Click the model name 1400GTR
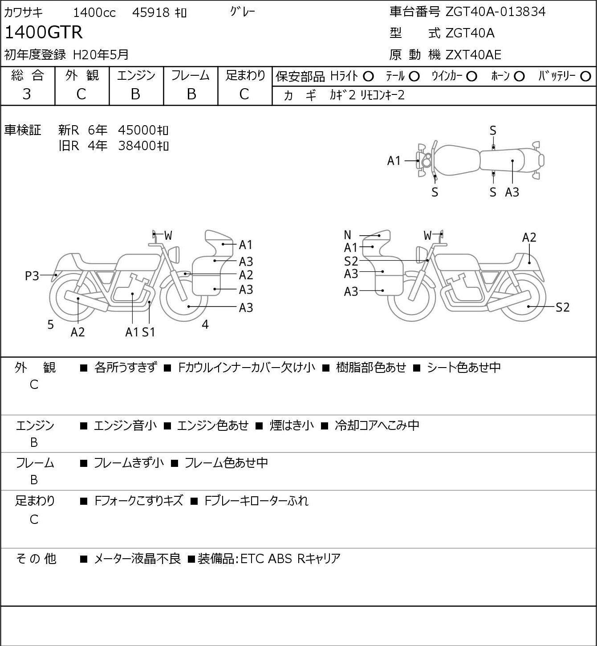point(44,32)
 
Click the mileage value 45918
point(151,12)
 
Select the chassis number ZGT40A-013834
point(495,12)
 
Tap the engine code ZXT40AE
point(473,55)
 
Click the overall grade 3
point(27,94)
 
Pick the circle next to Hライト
point(368,77)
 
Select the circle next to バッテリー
point(585,77)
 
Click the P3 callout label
point(32,276)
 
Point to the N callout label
point(347,235)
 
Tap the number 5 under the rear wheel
point(50,324)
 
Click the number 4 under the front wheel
point(205,324)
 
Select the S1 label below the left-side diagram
point(149,332)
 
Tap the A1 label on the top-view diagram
point(394,161)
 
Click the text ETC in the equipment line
point(252,559)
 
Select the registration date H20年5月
point(101,55)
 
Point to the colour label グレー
point(243,12)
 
